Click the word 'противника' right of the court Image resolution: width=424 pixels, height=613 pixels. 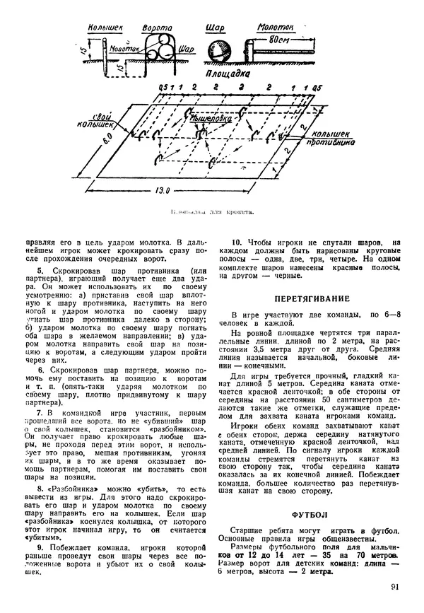coord(325,141)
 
